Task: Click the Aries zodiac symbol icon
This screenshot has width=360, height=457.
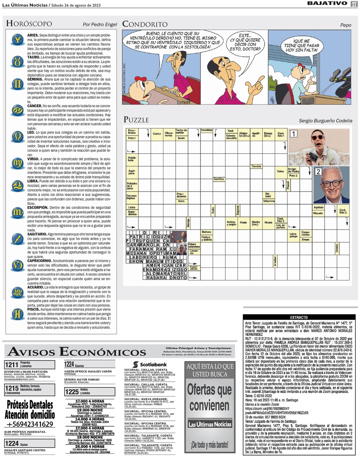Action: tap(17, 39)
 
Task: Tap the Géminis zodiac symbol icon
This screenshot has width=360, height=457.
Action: tap(17, 84)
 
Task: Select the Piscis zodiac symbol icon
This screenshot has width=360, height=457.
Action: tap(17, 314)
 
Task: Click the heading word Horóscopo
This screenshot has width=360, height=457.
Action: tap(29, 23)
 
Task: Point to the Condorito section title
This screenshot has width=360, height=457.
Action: tap(145, 24)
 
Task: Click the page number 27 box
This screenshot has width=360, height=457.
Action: tap(354, 4)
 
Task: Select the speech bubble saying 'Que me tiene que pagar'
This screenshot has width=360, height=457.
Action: tap(301, 45)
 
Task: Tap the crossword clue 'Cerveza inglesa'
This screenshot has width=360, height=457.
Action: tap(131, 197)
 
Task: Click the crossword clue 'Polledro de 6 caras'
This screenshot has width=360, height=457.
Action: tap(132, 186)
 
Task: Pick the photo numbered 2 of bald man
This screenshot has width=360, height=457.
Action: tap(332, 185)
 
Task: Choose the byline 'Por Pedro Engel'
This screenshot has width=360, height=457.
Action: tap(100, 24)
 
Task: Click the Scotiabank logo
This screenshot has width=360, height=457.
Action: tap(150, 364)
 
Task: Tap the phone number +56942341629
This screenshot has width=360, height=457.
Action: tap(30, 424)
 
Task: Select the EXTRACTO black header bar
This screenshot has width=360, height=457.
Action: tap(299, 317)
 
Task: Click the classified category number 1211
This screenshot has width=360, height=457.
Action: tap(12, 364)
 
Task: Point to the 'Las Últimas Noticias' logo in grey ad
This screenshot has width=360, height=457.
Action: tap(210, 424)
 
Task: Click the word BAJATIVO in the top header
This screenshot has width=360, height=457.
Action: tap(327, 3)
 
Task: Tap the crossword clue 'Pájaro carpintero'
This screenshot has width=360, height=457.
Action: tap(194, 245)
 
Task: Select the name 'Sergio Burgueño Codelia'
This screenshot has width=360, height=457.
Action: tap(325, 121)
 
